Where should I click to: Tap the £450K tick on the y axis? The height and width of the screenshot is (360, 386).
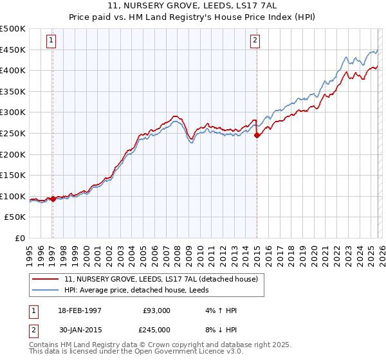pos(13,50)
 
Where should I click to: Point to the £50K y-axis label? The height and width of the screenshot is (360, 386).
pos(15,217)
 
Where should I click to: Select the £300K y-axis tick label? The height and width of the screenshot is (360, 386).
pos(13,113)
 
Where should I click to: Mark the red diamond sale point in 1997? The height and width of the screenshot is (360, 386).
pos(53,199)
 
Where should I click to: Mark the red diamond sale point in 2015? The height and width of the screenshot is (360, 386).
pos(257,135)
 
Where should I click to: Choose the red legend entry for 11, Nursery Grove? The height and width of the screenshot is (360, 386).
pos(161,279)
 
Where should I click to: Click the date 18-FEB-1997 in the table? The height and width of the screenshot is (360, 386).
pos(79,310)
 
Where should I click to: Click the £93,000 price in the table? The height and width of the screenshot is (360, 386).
pos(156,310)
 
